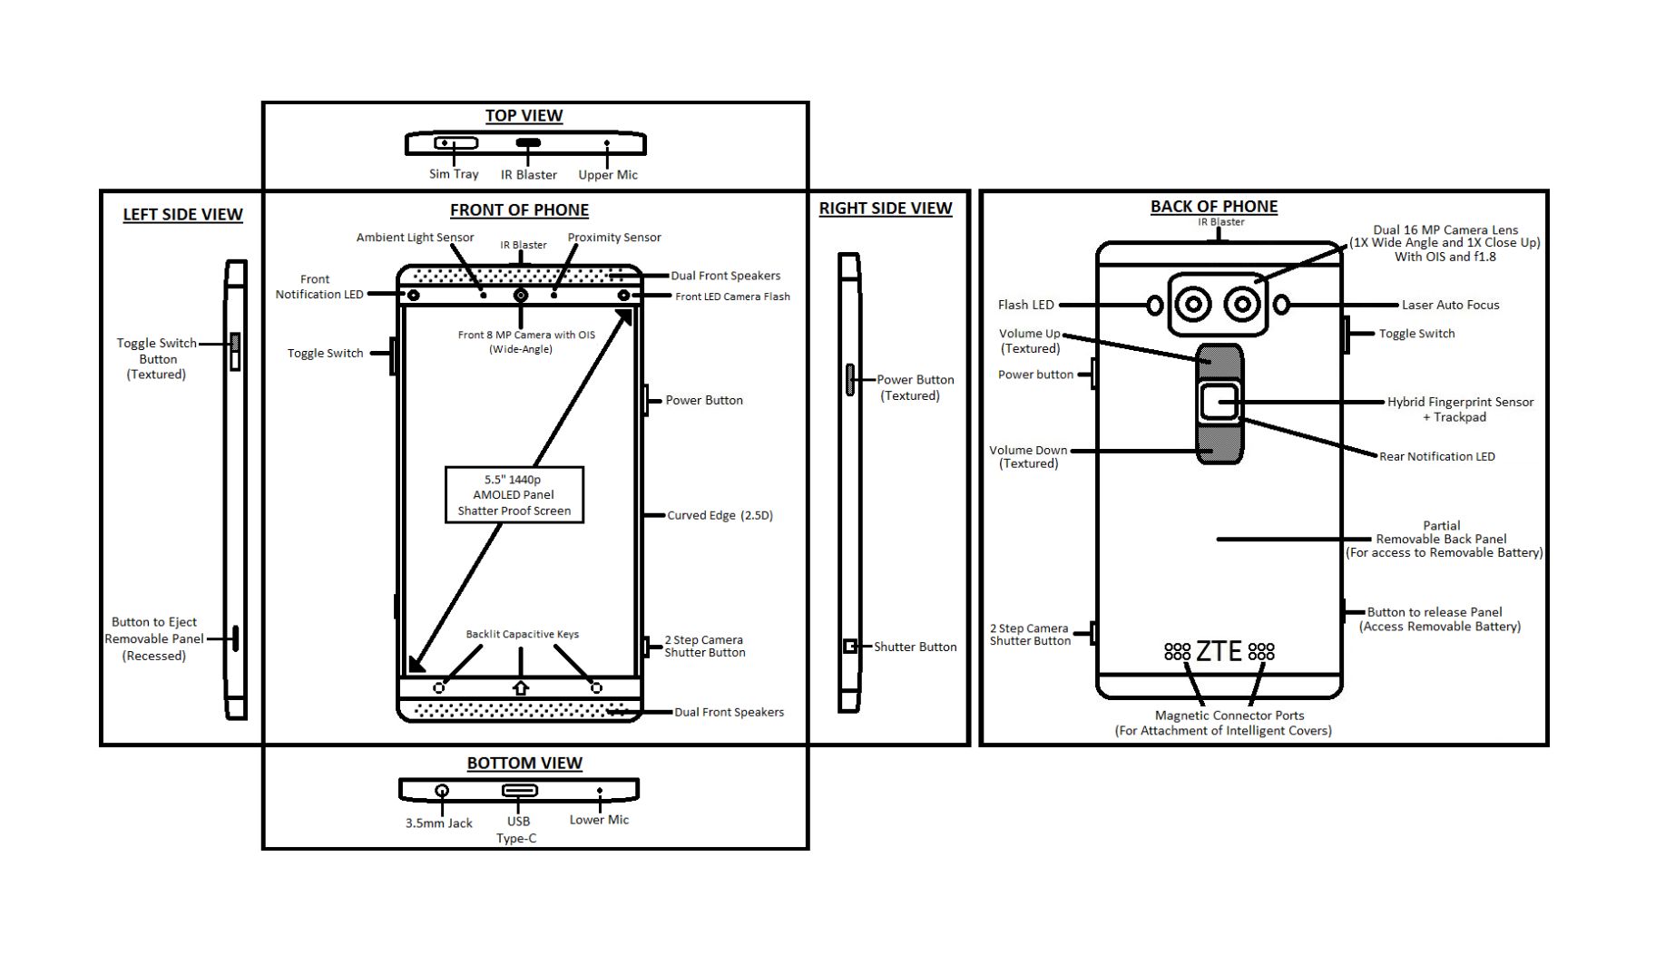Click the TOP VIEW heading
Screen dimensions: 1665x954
[524, 116]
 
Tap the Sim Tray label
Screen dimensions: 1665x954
[454, 174]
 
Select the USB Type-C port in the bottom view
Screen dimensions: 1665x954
[520, 791]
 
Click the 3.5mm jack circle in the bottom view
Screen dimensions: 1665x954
[442, 791]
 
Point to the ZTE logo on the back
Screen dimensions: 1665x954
[1219, 651]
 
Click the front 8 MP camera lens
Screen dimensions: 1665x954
[521, 296]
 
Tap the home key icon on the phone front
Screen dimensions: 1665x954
[520, 688]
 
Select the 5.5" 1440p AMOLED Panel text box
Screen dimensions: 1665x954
[514, 495]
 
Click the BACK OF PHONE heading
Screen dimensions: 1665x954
[1214, 207]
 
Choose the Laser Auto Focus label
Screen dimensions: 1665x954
[1450, 306]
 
